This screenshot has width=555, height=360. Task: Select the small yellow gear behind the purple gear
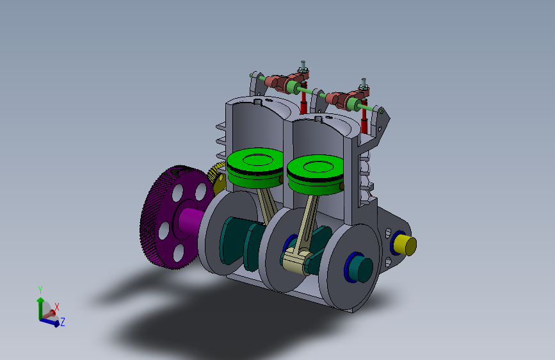216,176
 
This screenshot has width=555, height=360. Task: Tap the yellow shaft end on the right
406,245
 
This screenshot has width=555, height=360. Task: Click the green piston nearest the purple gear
255,168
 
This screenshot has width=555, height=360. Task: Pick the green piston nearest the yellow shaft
315,175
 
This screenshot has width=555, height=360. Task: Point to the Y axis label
40,290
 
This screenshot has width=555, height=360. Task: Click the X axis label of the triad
56,307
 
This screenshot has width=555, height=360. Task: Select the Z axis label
63,322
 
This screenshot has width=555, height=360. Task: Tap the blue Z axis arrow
49,322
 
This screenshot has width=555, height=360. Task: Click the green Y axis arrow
40,308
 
